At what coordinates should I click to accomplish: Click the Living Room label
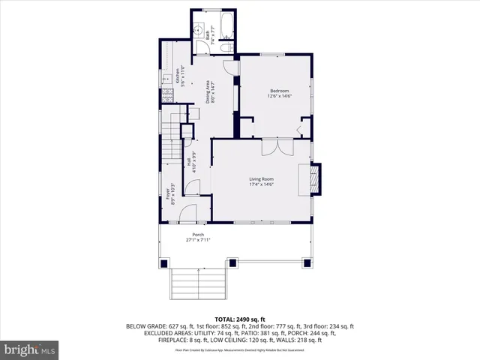coord(261,180)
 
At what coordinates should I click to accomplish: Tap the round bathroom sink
coord(199,31)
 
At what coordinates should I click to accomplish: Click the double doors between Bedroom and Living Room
coord(271,146)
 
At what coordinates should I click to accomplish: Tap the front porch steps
coord(196,283)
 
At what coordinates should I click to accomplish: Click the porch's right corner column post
coord(307,263)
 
